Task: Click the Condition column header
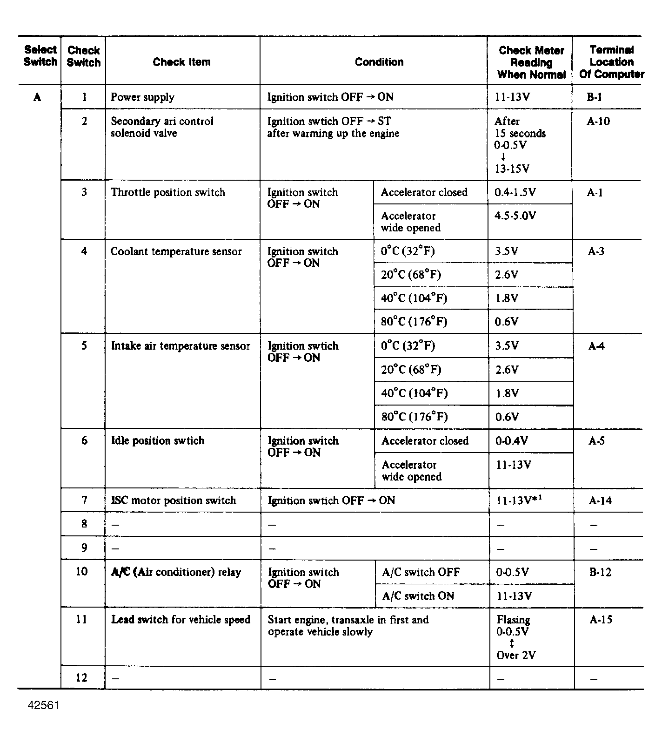click(x=379, y=62)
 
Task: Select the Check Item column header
click(x=181, y=62)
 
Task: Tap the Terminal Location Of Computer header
click(x=611, y=62)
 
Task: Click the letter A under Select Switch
click(x=37, y=97)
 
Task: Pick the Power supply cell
click(x=142, y=97)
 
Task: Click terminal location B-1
click(x=594, y=97)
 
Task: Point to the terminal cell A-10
click(x=598, y=122)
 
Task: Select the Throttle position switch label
click(x=167, y=192)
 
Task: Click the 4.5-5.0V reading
click(x=515, y=216)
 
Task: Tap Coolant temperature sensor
click(x=176, y=251)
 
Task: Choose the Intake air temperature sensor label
click(x=181, y=346)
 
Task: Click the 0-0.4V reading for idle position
click(x=512, y=441)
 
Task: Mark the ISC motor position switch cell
click(x=174, y=501)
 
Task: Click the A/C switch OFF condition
click(x=421, y=572)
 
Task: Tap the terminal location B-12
click(x=600, y=572)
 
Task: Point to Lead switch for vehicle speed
click(x=181, y=620)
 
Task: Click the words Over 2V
click(x=516, y=656)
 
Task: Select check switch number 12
click(x=81, y=678)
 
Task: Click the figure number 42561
click(x=43, y=705)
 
